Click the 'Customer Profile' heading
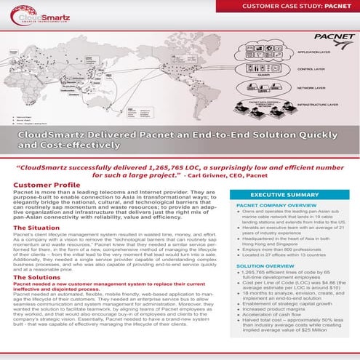coord(47,185)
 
